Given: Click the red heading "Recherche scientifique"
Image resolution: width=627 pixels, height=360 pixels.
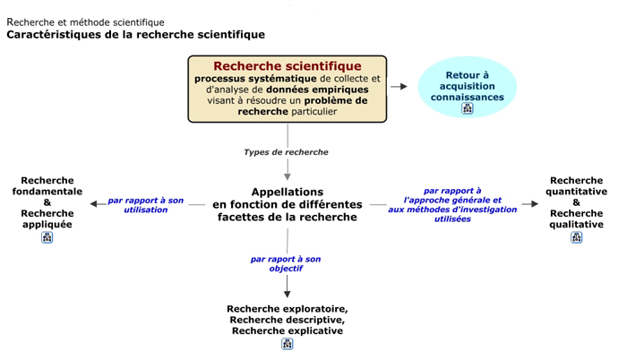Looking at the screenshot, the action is click(x=288, y=66).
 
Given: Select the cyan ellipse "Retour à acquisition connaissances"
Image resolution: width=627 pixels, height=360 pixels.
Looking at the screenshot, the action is click(x=467, y=87).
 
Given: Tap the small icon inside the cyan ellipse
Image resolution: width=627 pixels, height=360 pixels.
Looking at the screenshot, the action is click(x=468, y=108).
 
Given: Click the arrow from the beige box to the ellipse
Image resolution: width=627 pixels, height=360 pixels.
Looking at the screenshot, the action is click(x=399, y=86).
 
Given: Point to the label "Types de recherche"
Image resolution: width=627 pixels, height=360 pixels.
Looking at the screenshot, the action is click(x=286, y=152).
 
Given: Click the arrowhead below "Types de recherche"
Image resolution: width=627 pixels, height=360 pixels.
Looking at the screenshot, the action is click(x=288, y=176).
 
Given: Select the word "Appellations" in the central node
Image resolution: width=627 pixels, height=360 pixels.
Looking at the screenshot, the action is click(x=288, y=192).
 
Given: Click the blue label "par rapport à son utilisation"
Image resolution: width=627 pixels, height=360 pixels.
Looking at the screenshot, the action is click(x=145, y=205).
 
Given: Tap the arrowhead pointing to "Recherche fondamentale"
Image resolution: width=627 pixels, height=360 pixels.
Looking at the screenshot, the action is click(x=93, y=204).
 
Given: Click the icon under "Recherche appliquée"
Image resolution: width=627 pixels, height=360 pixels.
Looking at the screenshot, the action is click(x=47, y=237).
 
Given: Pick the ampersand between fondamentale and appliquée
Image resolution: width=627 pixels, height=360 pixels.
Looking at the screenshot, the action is click(x=47, y=202).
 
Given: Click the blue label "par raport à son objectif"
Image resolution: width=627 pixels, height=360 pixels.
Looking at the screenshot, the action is click(x=286, y=263).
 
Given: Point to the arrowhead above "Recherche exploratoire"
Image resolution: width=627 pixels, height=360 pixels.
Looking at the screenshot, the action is click(x=288, y=294).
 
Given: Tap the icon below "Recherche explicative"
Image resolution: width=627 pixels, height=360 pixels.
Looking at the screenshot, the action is click(x=288, y=344).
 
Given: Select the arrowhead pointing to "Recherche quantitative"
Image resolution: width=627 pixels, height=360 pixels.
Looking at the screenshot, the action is click(x=534, y=204).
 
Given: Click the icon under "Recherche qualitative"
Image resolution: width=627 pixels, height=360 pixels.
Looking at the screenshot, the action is click(x=576, y=237).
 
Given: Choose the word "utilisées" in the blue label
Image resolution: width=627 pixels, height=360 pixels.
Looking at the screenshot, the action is click(x=452, y=219).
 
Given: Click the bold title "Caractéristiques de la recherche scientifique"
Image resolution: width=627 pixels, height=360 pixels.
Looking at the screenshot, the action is click(x=135, y=35).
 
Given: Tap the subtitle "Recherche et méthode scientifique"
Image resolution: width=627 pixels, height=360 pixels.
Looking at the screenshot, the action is click(x=86, y=22).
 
